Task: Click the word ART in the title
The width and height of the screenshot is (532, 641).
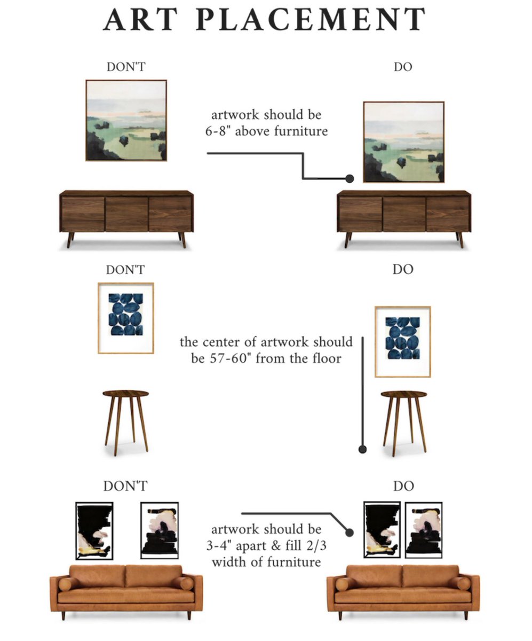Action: [140, 19]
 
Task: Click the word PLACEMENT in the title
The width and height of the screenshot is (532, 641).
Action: [311, 19]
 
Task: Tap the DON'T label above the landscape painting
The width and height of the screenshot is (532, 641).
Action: [126, 67]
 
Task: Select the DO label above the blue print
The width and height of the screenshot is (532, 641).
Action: [403, 270]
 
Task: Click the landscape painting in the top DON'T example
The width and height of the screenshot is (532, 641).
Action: [126, 120]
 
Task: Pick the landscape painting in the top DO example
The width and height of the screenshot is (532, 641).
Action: [404, 142]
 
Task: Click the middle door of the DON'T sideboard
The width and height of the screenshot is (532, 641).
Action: [126, 214]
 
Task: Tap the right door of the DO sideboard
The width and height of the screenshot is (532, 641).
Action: [447, 214]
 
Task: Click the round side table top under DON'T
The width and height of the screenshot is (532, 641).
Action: [126, 394]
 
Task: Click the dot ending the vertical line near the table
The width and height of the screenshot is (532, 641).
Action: [362, 449]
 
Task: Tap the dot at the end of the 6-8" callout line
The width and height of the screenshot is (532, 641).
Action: [350, 178]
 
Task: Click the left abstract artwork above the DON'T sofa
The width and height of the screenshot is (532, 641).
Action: [94, 530]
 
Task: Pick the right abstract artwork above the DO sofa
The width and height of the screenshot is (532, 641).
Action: [424, 529]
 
